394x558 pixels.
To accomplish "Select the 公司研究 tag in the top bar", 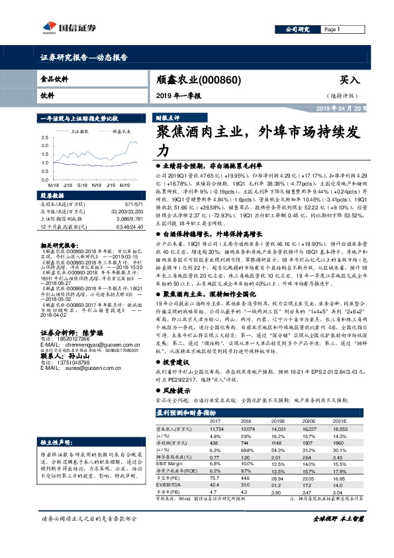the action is [x=297, y=30].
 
